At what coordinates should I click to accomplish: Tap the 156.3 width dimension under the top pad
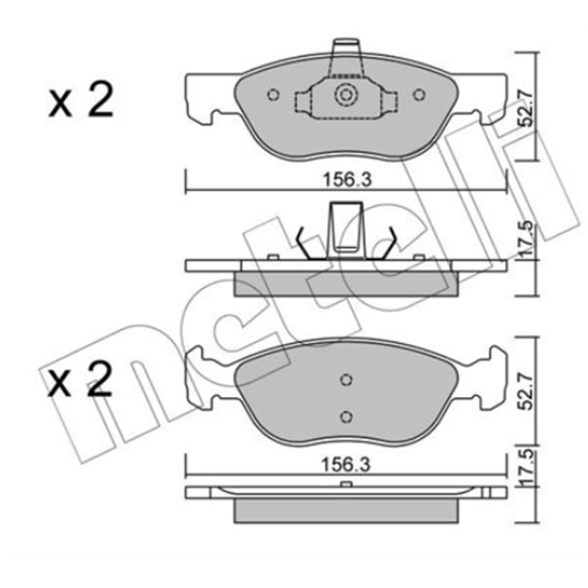[347, 180]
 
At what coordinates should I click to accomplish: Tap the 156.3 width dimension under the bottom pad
[347, 465]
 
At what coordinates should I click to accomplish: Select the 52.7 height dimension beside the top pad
[528, 108]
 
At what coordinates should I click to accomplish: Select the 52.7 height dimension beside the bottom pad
[528, 391]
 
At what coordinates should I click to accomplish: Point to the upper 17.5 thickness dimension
[528, 241]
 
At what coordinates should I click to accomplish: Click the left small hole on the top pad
[273, 95]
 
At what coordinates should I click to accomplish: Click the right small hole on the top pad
[419, 95]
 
